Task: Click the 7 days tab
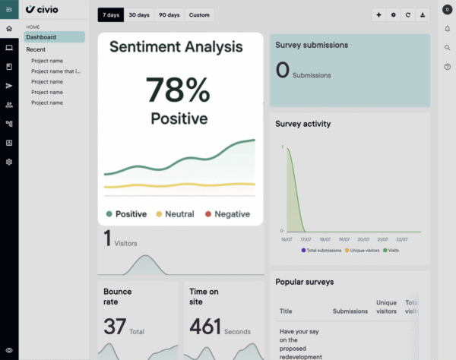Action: (111, 15)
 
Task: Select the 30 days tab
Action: (139, 15)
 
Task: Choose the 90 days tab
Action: (168, 15)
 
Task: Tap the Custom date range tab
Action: (199, 15)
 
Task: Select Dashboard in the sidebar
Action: (41, 36)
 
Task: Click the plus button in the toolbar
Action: (378, 15)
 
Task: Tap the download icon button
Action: (423, 15)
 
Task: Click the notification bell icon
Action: (448, 29)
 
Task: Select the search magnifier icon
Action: (448, 48)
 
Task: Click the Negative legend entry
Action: (227, 214)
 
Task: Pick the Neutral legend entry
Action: (175, 214)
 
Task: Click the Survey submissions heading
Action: (312, 45)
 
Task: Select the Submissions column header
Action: (350, 311)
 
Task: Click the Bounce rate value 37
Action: (115, 327)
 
